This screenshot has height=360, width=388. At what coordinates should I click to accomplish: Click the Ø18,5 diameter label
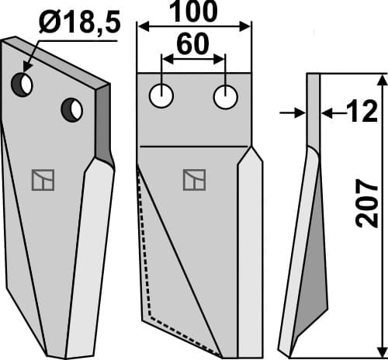[80, 22]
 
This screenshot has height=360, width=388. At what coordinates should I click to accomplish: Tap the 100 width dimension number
[194, 12]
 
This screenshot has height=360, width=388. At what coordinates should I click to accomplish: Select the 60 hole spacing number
[193, 44]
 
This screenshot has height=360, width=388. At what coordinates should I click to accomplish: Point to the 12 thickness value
[362, 111]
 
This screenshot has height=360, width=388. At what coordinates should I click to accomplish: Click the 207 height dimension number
[367, 204]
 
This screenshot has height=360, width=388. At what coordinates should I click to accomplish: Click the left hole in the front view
[161, 96]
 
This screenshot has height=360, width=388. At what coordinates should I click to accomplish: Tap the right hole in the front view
[225, 97]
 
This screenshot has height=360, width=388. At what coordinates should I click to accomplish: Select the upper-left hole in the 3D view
[22, 85]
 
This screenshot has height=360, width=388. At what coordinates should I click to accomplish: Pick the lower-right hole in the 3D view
[71, 110]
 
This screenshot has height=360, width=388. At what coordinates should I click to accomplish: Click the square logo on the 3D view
[43, 180]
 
